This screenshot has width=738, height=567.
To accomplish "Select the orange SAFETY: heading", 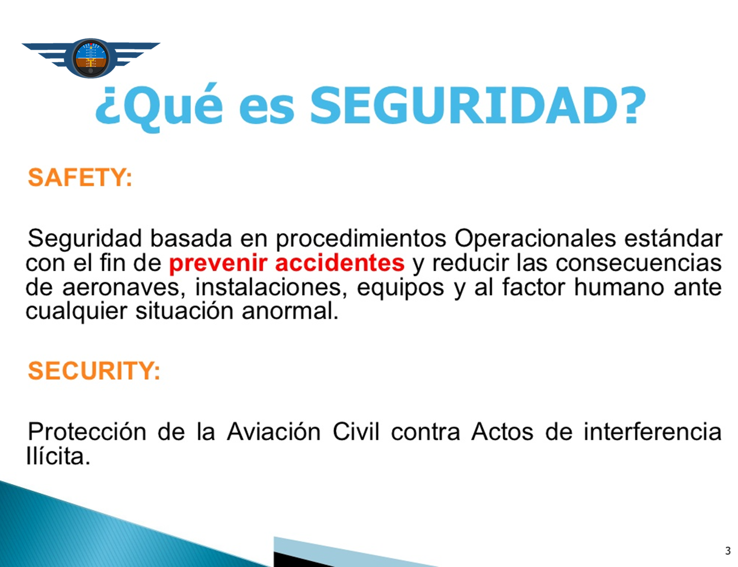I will click(x=80, y=178).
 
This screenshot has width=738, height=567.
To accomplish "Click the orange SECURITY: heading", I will click(x=94, y=370).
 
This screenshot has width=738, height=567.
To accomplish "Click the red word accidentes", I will click(x=339, y=263).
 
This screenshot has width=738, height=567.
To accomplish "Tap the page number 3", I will click(x=728, y=550).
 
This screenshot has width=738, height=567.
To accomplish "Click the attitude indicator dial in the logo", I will click(x=91, y=58).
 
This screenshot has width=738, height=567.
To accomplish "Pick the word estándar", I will click(x=673, y=239).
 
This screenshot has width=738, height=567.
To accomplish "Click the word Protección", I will click(x=87, y=432).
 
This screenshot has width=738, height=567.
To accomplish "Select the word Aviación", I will click(x=274, y=432).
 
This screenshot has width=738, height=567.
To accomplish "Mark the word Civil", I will click(x=356, y=432).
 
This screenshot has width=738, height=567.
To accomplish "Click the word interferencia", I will click(x=652, y=432).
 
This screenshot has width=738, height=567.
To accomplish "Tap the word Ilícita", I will click(x=58, y=456).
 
